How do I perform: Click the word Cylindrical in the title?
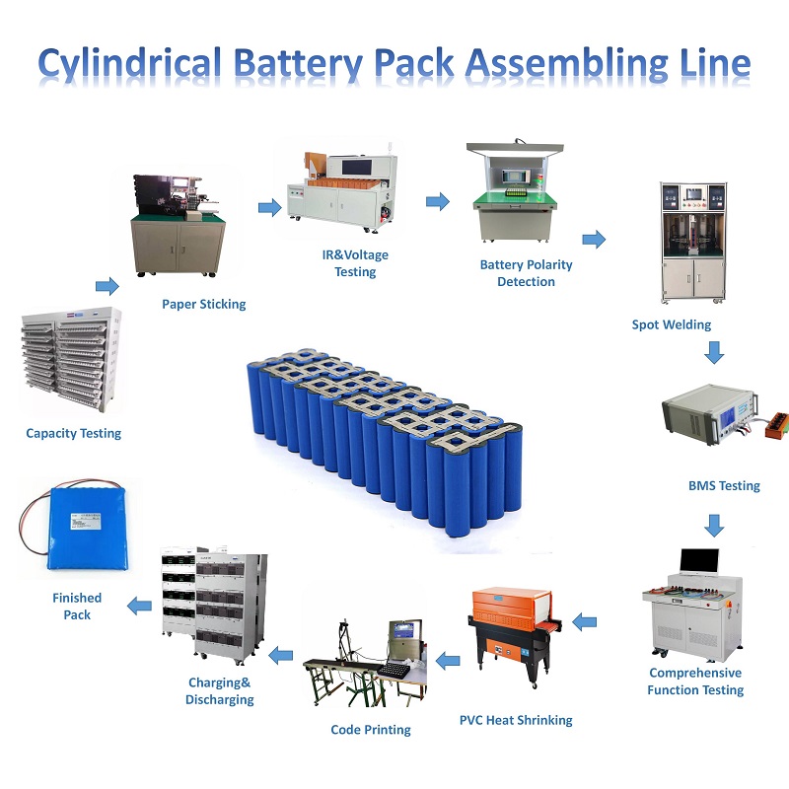pyautogui.click(x=131, y=63)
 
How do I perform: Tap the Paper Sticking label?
pyautogui.click(x=204, y=304)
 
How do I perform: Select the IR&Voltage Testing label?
pyautogui.click(x=356, y=263)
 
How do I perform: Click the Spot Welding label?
pyautogui.click(x=672, y=323)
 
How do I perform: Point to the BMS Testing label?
pyautogui.click(x=724, y=485)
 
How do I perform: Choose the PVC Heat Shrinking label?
pyautogui.click(x=516, y=720)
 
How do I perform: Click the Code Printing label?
pyautogui.click(x=371, y=730)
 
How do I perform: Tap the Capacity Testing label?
pyautogui.click(x=74, y=433)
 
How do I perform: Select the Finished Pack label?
pyautogui.click(x=77, y=606)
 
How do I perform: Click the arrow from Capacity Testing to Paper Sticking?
pyautogui.click(x=107, y=286)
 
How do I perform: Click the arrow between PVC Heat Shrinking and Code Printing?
pyautogui.click(x=449, y=658)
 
